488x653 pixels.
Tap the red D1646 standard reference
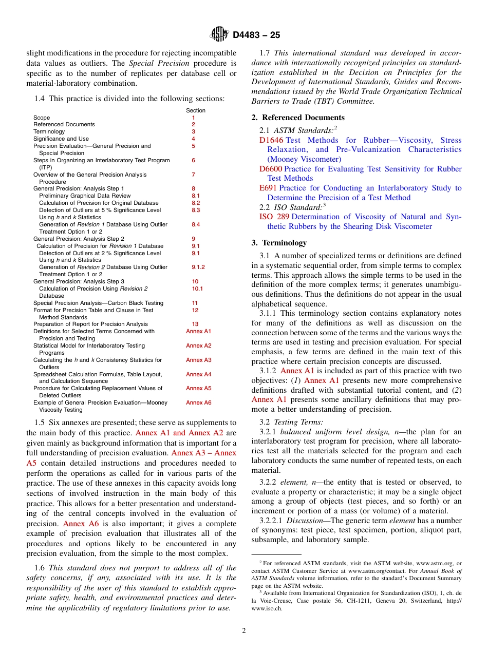pos(271,140)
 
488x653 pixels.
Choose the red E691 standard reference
pos(268,188)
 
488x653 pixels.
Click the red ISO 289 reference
pos(274,217)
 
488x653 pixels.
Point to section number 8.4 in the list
pos(196,224)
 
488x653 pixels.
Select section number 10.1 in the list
pos(197,289)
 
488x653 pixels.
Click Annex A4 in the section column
pos(198,374)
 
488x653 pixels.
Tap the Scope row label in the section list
pos(42,118)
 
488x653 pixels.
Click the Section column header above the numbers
pos(195,110)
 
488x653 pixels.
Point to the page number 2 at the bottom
pos(244,631)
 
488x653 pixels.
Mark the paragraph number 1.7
pos(265,53)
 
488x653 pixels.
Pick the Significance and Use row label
pos(61,139)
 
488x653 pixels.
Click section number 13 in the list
pos(195,324)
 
